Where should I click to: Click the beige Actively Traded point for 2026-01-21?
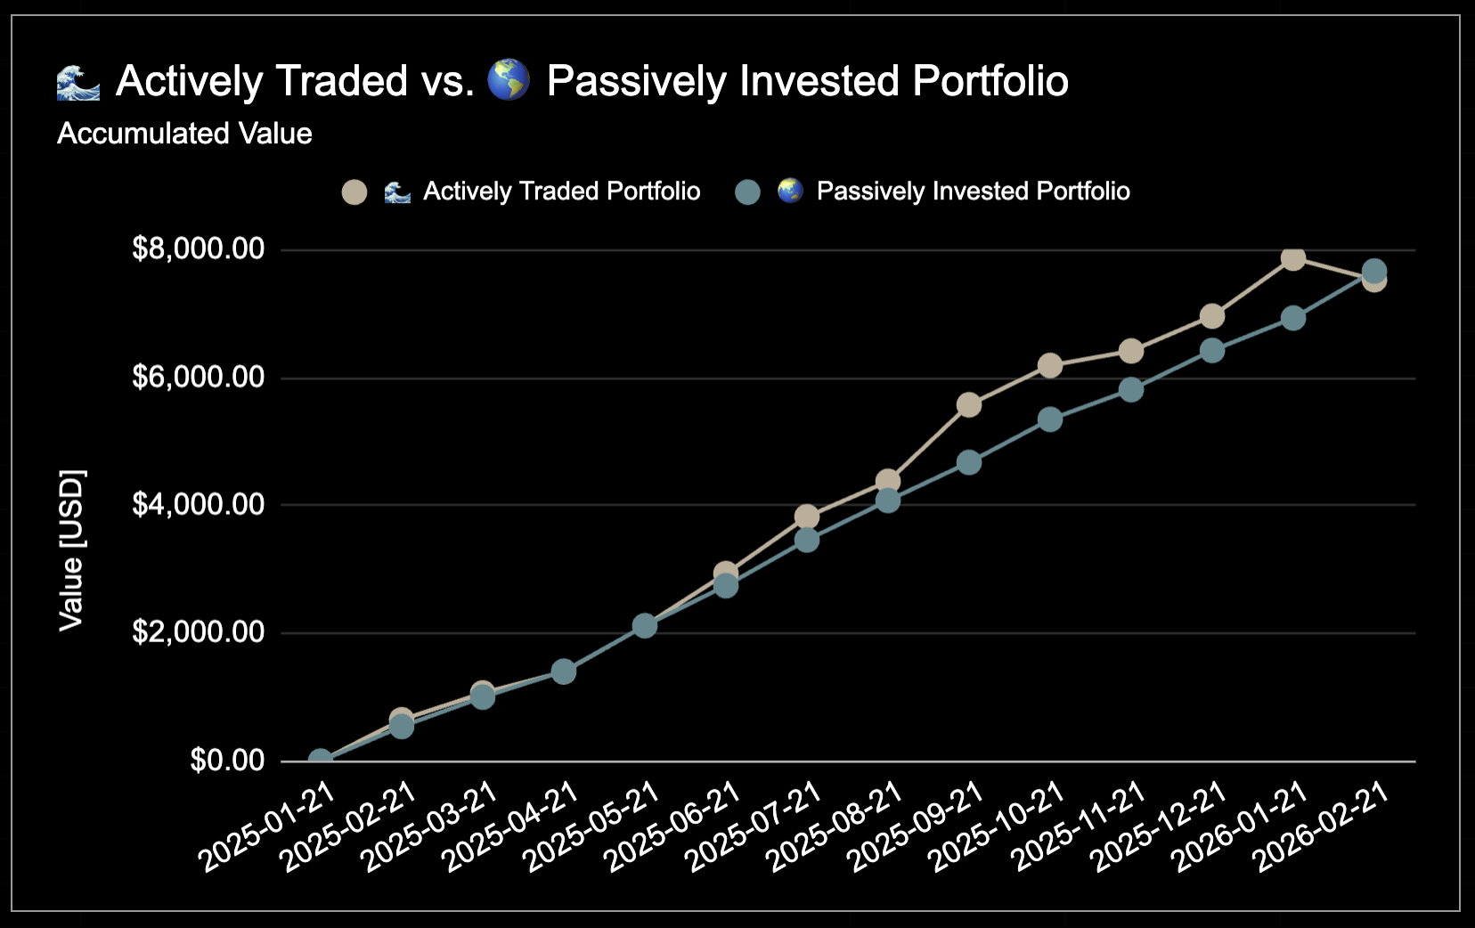point(1292,258)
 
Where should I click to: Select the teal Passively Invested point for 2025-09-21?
point(968,462)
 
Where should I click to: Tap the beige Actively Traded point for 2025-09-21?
point(968,405)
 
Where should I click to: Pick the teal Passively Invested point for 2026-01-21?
point(1292,318)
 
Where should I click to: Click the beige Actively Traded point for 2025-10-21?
point(1049,365)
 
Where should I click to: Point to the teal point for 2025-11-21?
point(1130,389)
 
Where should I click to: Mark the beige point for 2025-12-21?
point(1211,316)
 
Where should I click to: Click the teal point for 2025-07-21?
point(806,540)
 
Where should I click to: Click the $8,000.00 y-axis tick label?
point(198,248)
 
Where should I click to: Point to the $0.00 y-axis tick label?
point(227,761)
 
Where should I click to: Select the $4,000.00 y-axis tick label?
point(198,505)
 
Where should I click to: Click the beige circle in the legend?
point(354,192)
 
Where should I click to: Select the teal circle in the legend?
point(747,192)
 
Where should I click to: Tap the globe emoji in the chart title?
point(509,80)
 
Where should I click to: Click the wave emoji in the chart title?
point(78,82)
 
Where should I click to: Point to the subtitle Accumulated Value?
point(184,134)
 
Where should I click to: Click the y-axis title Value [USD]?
point(71,549)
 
